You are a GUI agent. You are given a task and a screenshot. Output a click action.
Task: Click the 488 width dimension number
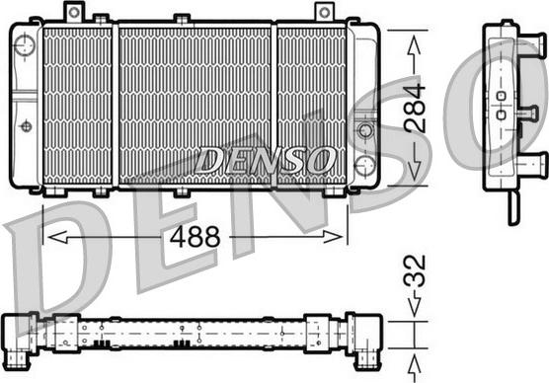click(196, 237)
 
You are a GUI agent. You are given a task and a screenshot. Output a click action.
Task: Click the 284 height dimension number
click(415, 109)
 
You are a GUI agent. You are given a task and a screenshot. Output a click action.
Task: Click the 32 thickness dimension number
click(415, 270)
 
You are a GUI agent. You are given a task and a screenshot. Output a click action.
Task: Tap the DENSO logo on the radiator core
click(265, 160)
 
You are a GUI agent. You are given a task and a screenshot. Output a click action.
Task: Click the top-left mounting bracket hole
click(74, 12)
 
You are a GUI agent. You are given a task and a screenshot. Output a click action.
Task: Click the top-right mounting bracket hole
click(325, 13)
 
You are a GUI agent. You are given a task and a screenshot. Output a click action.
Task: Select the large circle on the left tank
click(25, 44)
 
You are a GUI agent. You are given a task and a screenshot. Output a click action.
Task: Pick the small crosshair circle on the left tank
click(26, 125)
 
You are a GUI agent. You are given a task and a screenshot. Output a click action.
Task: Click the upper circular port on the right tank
click(365, 130)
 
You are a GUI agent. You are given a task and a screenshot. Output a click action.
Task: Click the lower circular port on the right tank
click(364, 165)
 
